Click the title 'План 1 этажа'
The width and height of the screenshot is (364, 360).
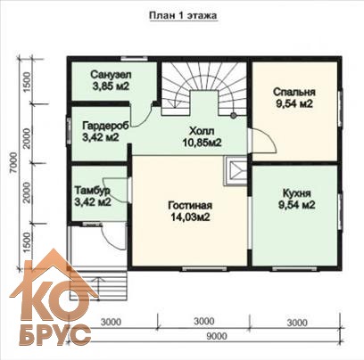pyautogui.click(x=183, y=15)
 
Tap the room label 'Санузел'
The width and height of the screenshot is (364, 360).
pyautogui.click(x=111, y=74)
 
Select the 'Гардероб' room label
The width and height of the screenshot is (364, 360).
pyautogui.click(x=105, y=126)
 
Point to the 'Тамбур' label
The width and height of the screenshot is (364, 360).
pyautogui.click(x=92, y=190)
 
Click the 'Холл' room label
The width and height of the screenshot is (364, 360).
pyautogui.click(x=202, y=131)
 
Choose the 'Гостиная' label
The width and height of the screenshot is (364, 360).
pyautogui.click(x=190, y=205)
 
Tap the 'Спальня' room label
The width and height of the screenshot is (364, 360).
pyautogui.click(x=294, y=92)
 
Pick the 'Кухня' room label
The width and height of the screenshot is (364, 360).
pyautogui.click(x=297, y=193)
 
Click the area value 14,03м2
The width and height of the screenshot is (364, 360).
pyautogui.click(x=190, y=217)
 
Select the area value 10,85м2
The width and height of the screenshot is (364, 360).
pyautogui.click(x=202, y=143)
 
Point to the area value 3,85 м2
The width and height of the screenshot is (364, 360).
pyautogui.click(x=111, y=86)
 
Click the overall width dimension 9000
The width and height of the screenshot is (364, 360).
pyautogui.click(x=217, y=336)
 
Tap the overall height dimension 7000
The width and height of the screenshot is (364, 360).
pyautogui.click(x=13, y=164)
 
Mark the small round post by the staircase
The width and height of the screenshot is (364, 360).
pyautogui.click(x=234, y=116)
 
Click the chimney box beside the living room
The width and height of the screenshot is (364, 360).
pyautogui.click(x=236, y=171)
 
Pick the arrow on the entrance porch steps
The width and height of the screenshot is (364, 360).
pyautogui.click(x=97, y=285)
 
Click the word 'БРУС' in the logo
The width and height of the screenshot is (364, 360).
pyautogui.click(x=55, y=335)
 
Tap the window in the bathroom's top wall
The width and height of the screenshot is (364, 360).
pyautogui.click(x=136, y=58)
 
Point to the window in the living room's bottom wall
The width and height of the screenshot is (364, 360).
pyautogui.click(x=204, y=268)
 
